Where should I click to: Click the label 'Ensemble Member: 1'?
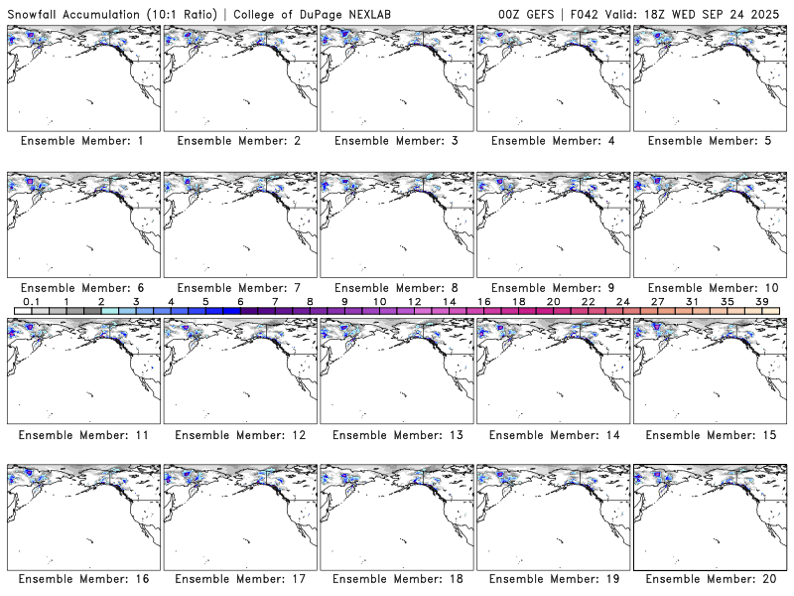(x=82, y=141)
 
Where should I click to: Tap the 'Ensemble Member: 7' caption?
(x=239, y=288)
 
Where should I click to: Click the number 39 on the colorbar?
(x=761, y=300)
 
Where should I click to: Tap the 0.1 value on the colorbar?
(x=32, y=300)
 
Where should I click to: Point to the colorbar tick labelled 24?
(x=622, y=300)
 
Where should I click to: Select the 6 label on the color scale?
(x=240, y=300)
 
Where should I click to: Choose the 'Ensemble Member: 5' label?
(x=710, y=141)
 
